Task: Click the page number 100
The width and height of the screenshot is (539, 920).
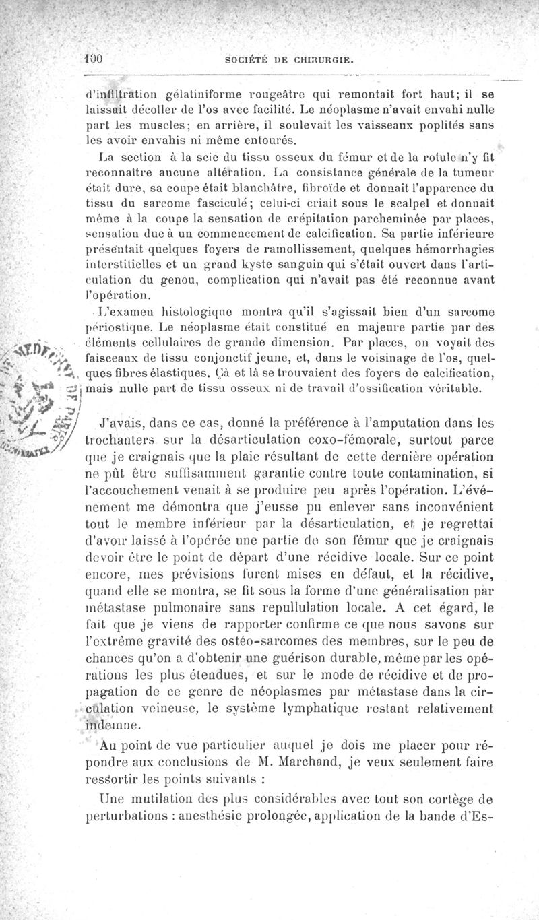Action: point(93,59)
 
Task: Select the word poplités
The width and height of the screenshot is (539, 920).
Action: point(438,126)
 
